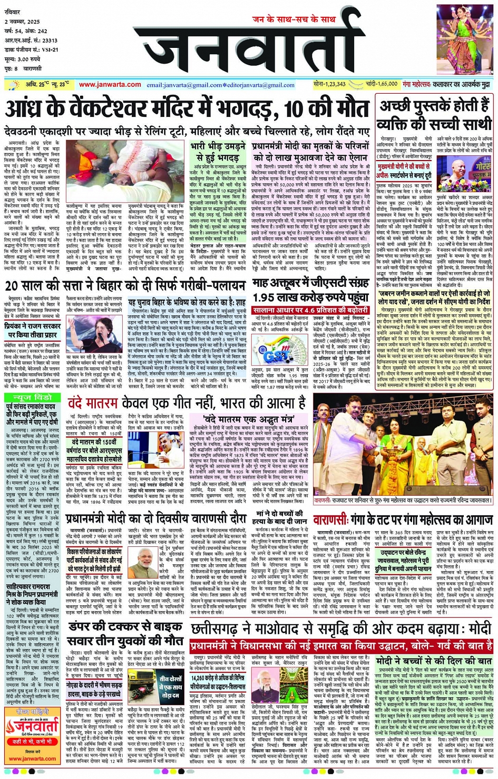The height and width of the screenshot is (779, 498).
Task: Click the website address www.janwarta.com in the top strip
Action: [x=110, y=85]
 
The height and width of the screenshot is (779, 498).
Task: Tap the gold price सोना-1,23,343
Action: [x=329, y=84]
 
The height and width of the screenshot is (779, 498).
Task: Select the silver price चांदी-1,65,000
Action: [x=381, y=84]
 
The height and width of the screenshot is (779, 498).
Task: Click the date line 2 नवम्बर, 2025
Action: [x=22, y=22]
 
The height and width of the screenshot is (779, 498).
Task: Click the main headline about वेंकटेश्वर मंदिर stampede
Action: [x=187, y=109]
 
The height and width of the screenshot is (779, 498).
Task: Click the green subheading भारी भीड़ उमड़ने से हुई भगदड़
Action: [x=218, y=151]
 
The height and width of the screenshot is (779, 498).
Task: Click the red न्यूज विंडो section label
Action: [x=33, y=397]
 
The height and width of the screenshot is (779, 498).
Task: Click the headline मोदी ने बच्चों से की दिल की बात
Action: [x=434, y=661]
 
